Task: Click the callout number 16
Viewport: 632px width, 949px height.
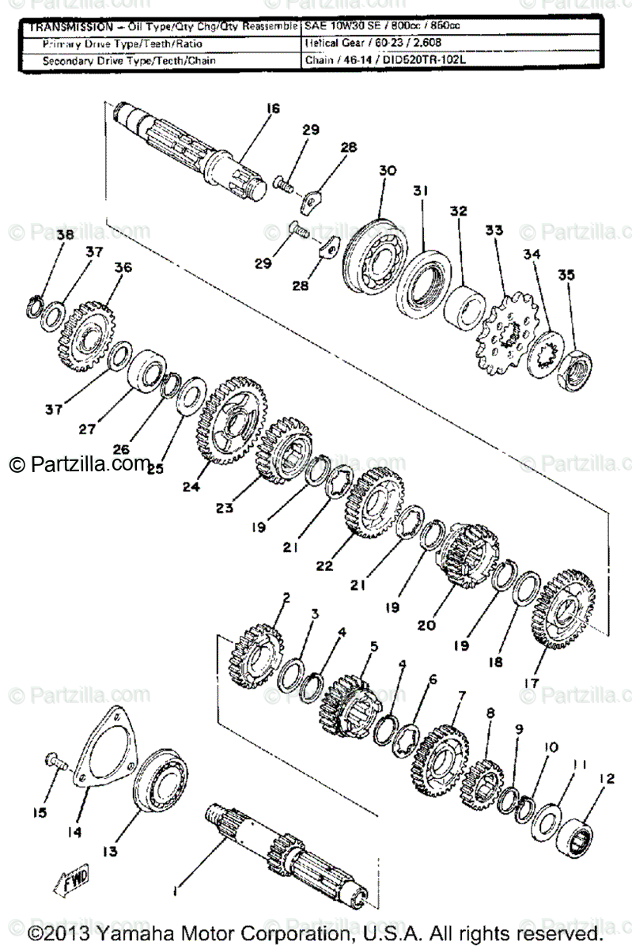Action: click(x=273, y=109)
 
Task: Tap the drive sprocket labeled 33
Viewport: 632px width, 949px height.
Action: click(x=505, y=336)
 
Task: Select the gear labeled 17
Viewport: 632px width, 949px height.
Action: click(x=563, y=608)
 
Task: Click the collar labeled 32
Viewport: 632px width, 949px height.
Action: click(x=464, y=306)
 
